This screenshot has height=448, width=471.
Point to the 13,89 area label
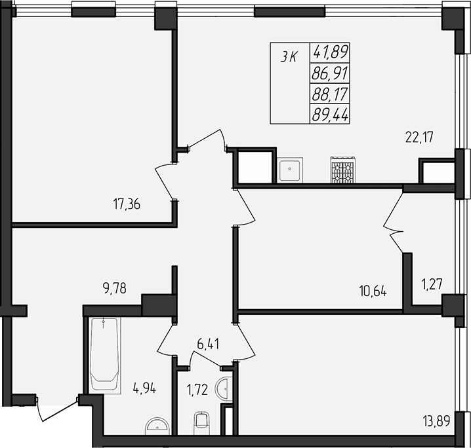(436, 421)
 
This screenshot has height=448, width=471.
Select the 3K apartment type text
(289, 57)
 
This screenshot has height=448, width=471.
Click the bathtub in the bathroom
(105, 354)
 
